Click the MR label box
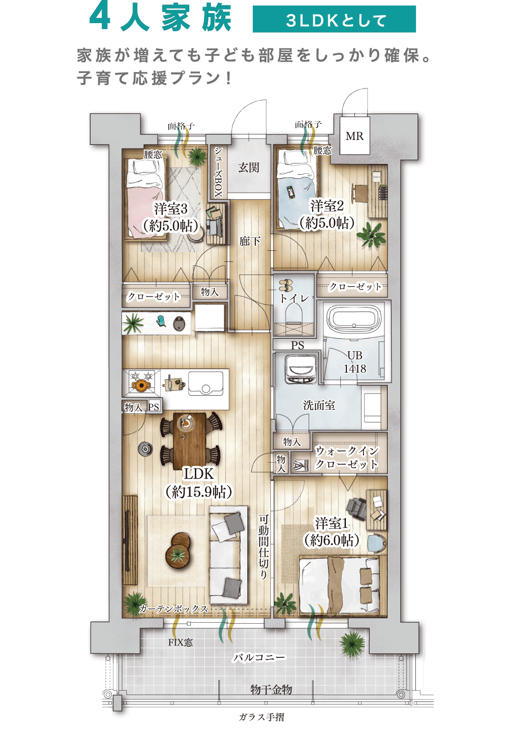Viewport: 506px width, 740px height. click(x=354, y=135)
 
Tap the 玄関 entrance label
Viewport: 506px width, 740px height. click(x=249, y=168)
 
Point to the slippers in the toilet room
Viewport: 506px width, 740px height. click(x=286, y=286)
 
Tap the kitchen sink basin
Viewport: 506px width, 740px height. click(x=205, y=383)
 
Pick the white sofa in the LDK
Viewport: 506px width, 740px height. click(x=229, y=555)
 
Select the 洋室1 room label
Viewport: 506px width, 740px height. click(x=331, y=532)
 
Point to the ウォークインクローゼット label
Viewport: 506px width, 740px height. click(x=346, y=458)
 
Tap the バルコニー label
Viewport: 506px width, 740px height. click(x=259, y=657)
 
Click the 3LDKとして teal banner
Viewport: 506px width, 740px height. click(x=334, y=19)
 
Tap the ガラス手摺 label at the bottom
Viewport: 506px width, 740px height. click(x=261, y=717)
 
